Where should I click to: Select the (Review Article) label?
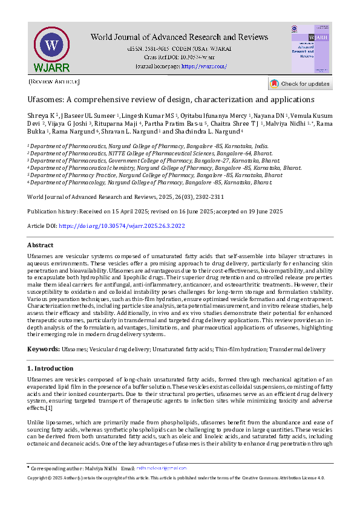coord(54,82)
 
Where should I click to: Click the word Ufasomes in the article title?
coord(48,99)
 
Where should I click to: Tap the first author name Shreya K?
coord(41,115)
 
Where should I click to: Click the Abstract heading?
coord(41,245)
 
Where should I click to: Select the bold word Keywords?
coord(43,349)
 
